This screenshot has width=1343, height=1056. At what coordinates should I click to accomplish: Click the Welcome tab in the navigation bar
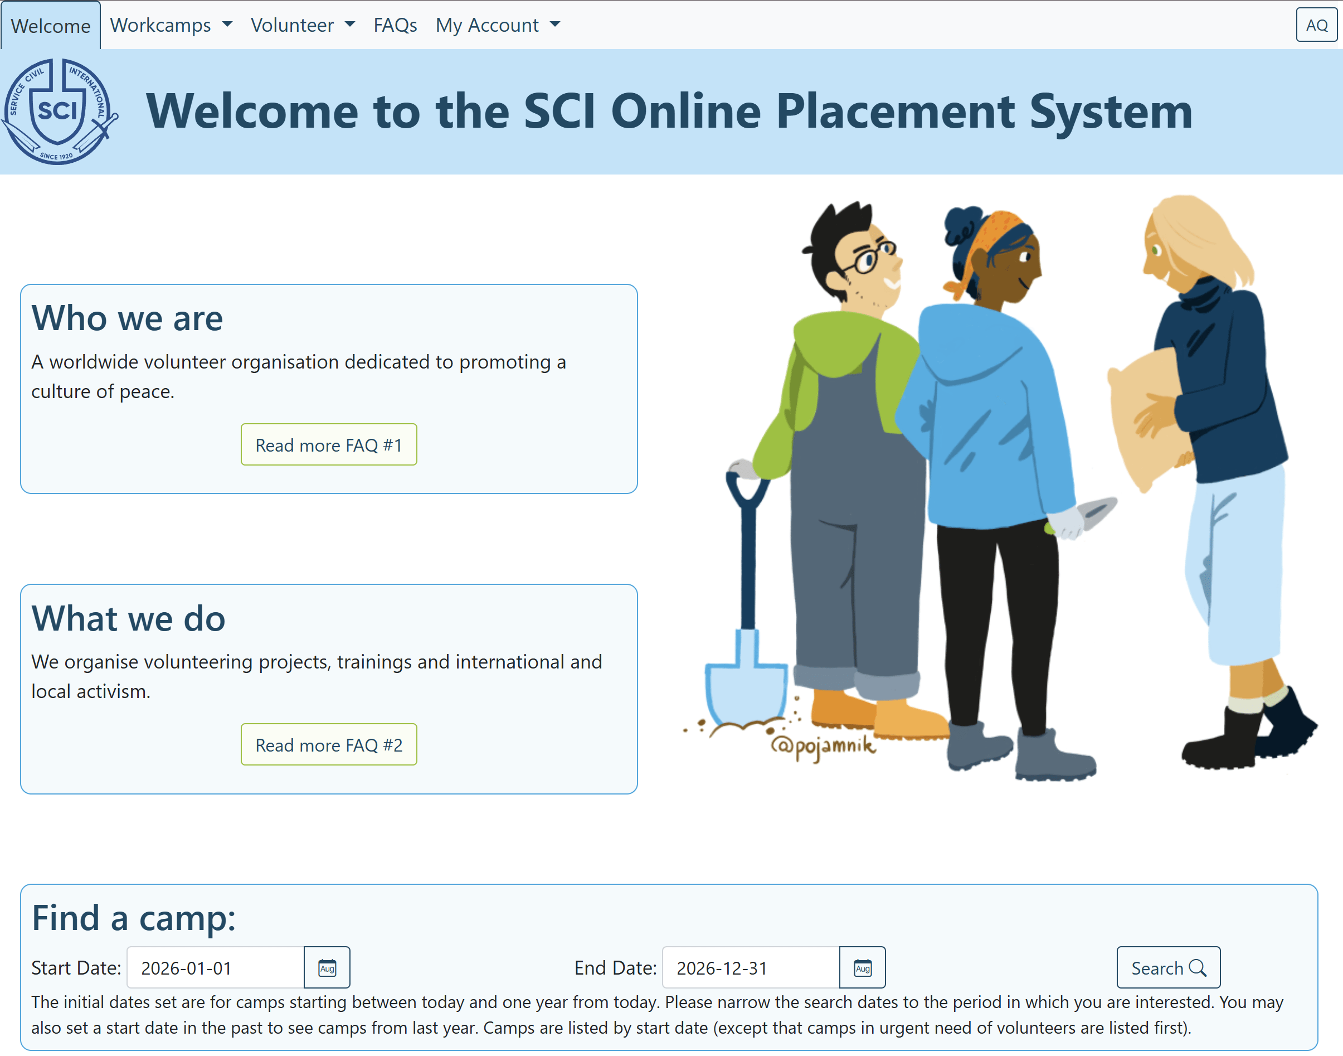click(51, 25)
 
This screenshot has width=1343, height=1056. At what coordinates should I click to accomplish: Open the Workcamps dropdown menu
click(171, 25)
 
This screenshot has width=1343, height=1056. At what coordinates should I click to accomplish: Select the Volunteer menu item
click(303, 25)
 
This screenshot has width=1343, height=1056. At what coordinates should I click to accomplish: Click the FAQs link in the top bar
click(395, 25)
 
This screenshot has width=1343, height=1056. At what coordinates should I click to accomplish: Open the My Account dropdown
click(498, 25)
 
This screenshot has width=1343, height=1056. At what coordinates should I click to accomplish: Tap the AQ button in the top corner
click(1316, 25)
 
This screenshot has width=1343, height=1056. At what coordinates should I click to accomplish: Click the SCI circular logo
click(59, 112)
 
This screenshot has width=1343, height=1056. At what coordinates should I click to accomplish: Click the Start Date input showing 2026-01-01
click(215, 967)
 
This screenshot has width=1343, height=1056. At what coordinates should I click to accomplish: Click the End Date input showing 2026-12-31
click(751, 967)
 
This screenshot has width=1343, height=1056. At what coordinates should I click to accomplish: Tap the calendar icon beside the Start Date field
click(327, 967)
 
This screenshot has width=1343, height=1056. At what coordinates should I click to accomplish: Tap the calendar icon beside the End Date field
click(863, 967)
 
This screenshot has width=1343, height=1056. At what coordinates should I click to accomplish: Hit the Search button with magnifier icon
click(1168, 967)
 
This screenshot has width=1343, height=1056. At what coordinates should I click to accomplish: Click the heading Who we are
click(127, 318)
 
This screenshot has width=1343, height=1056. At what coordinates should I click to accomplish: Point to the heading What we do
click(129, 618)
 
